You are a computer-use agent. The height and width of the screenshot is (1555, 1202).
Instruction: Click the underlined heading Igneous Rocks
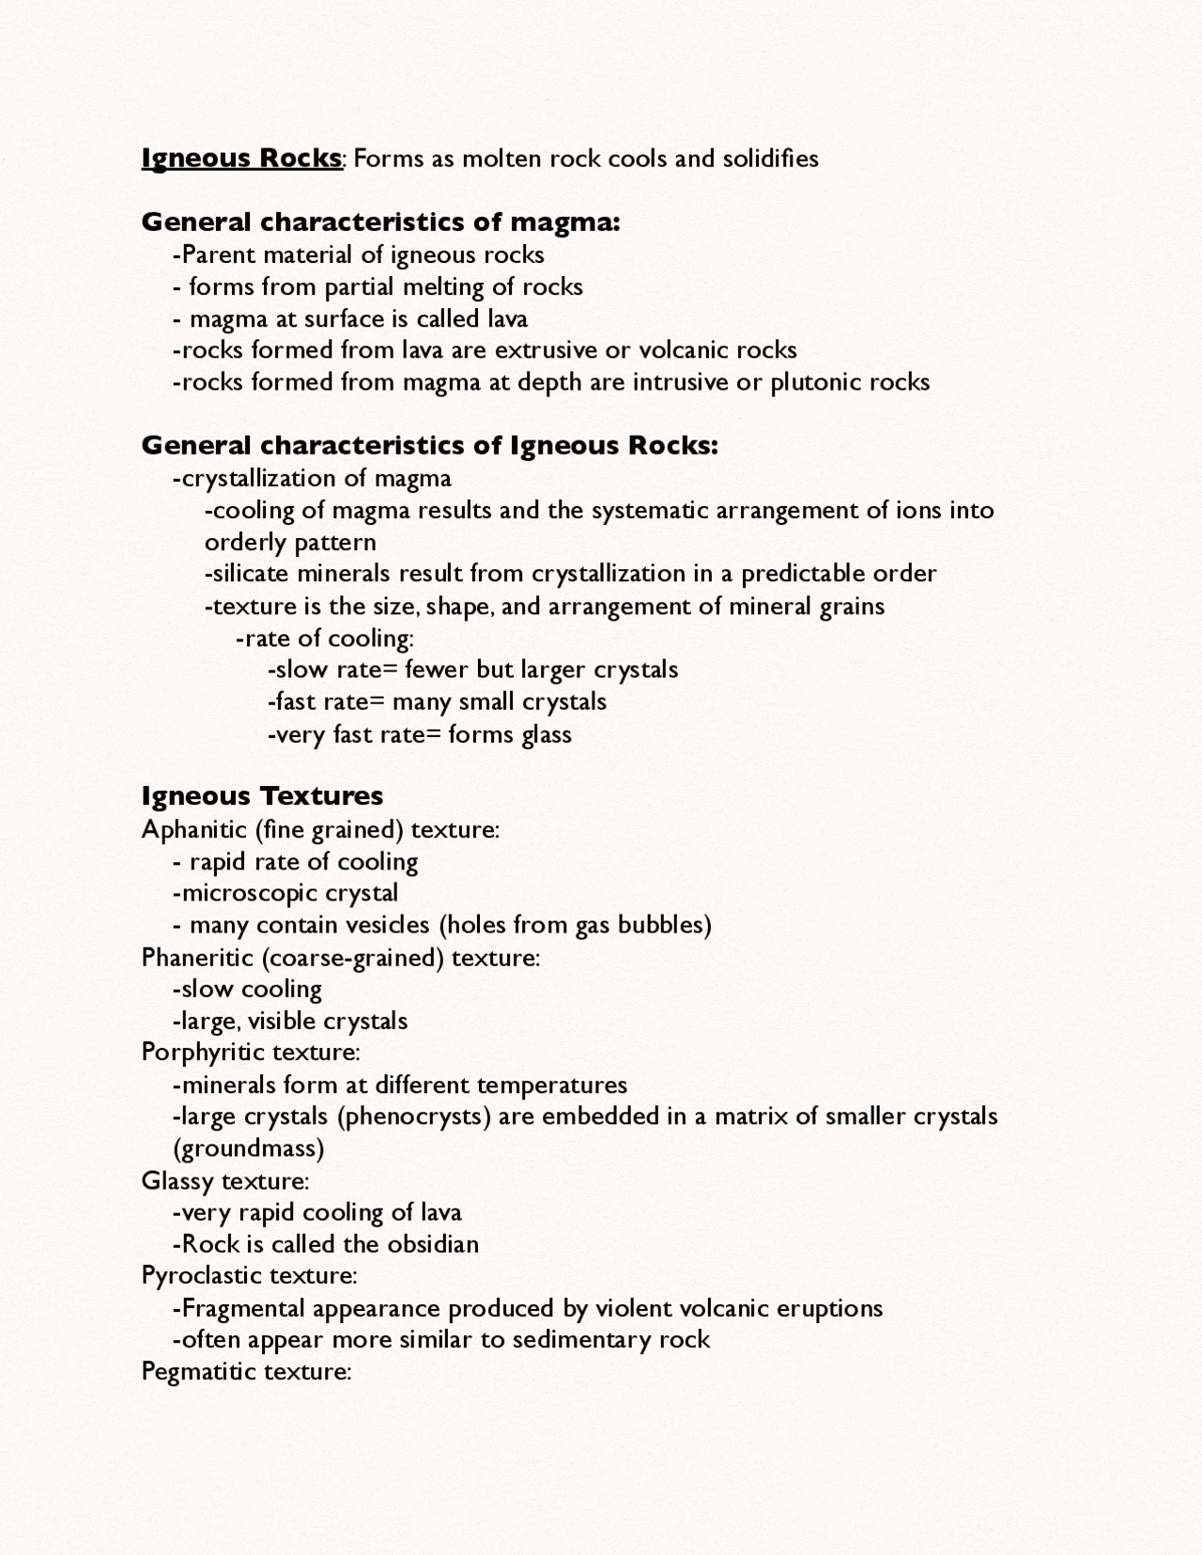pyautogui.click(x=241, y=158)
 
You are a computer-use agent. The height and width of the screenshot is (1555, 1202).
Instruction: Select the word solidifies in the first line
pyautogui.click(x=770, y=158)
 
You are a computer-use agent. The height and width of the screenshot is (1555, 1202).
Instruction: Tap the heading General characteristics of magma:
pyautogui.click(x=380, y=223)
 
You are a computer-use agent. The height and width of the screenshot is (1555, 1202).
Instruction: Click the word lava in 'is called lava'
pyautogui.click(x=507, y=319)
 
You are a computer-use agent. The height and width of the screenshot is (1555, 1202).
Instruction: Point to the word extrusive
pyautogui.click(x=546, y=350)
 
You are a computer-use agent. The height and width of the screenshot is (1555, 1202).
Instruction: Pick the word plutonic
pyautogui.click(x=815, y=383)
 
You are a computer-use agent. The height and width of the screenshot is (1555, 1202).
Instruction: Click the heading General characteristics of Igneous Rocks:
pyautogui.click(x=429, y=445)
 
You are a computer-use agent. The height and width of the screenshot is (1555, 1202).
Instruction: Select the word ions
pyautogui.click(x=918, y=511)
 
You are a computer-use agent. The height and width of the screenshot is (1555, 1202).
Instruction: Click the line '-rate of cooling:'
pyautogui.click(x=325, y=639)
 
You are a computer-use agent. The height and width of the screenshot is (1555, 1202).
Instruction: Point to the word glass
pyautogui.click(x=547, y=734)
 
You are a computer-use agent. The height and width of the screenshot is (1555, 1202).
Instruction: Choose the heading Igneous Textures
pyautogui.click(x=262, y=796)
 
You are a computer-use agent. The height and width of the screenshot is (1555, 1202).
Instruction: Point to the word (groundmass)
pyautogui.click(x=248, y=1149)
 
